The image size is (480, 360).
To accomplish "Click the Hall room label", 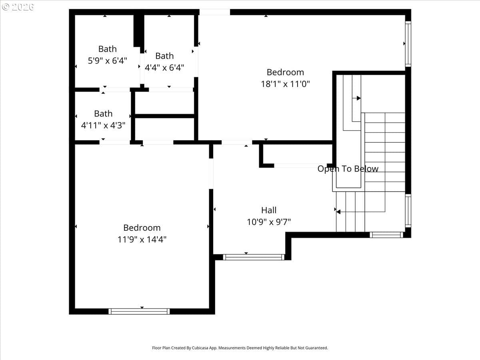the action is point(269,210).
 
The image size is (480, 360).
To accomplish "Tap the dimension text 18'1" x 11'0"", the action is point(285,84).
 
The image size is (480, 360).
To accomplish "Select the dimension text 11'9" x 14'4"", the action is point(142,240).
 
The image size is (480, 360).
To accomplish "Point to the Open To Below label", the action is point(348,169).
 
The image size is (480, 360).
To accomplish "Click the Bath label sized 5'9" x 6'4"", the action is point(107,49).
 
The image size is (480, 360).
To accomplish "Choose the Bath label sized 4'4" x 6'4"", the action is point(164,56).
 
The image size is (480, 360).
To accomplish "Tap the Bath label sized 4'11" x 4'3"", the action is point(103,114).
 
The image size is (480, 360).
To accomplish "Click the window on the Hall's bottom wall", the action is point(254,257).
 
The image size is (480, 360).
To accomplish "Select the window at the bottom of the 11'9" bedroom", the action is point(139,311).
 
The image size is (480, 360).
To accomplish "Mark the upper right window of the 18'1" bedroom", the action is point(408,44).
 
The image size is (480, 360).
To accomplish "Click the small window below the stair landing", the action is point(386,235).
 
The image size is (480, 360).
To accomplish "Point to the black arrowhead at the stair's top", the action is point(359,98).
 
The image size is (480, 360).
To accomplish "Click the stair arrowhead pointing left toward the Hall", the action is point(338,212).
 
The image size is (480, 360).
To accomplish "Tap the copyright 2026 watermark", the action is point(18,7).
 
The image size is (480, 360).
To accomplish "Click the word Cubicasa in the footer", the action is point(200,348).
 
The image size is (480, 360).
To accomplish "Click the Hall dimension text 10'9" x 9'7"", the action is point(269,222).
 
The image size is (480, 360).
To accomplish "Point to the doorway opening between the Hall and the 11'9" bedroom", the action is point(211,174).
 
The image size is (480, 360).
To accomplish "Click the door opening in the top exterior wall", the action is point(214,12).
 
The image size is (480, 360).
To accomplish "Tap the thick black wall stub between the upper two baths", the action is point(139,31).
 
